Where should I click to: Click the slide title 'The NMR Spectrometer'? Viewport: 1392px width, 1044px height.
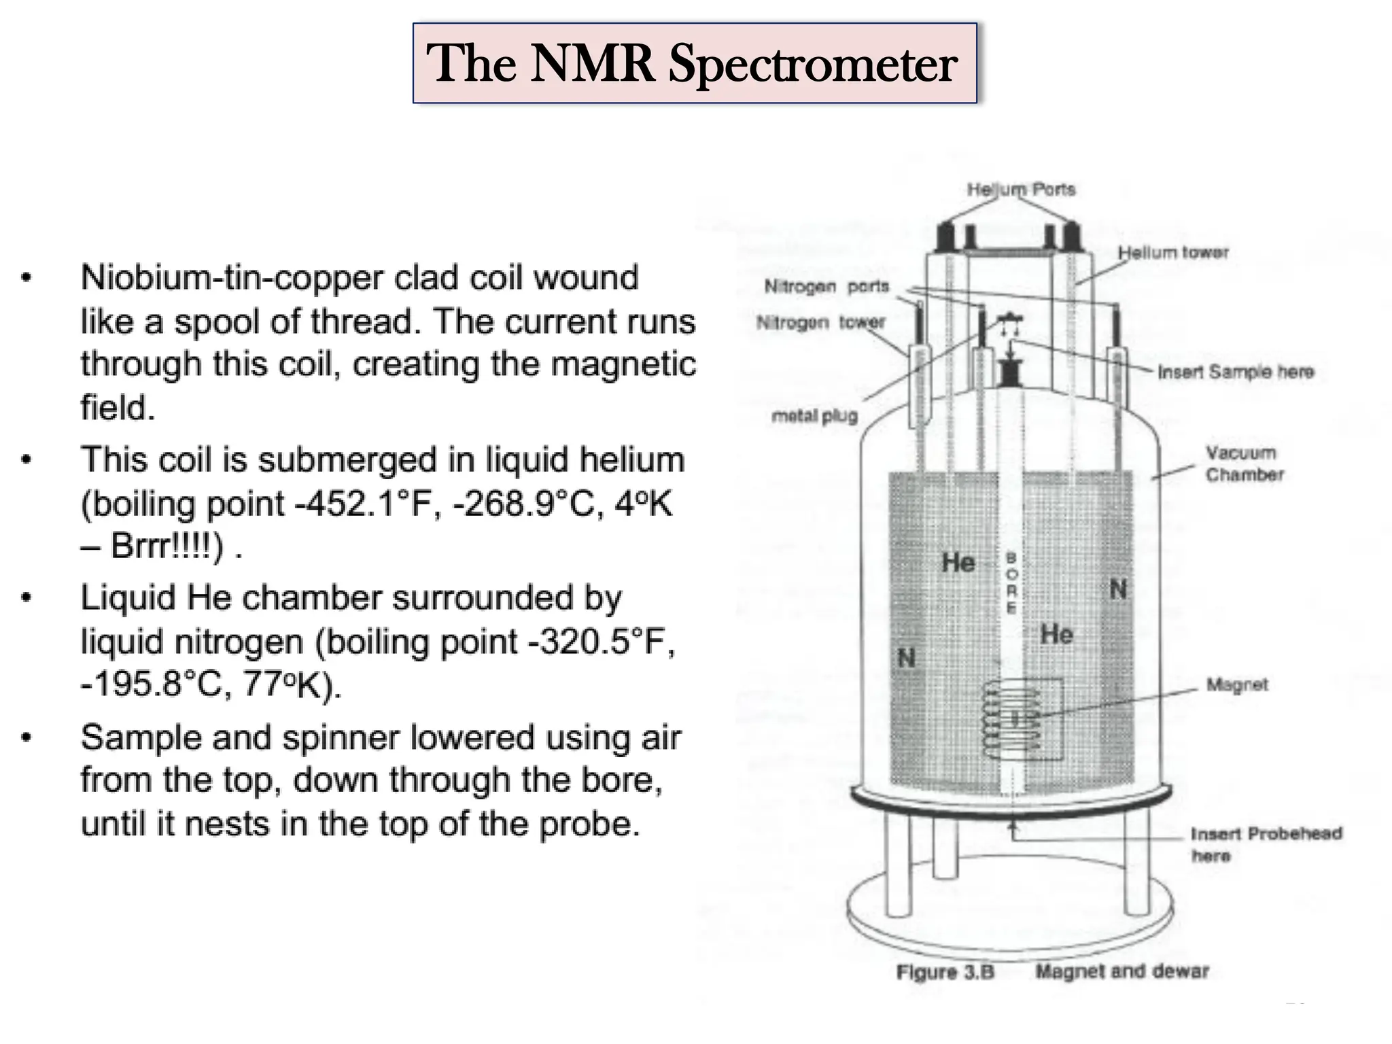click(x=694, y=64)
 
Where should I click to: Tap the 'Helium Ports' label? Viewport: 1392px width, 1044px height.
click(x=1021, y=189)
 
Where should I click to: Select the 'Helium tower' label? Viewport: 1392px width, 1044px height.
click(x=1173, y=252)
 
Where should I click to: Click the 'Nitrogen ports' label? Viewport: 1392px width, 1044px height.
click(x=826, y=286)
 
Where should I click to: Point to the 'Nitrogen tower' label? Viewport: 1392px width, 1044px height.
click(x=820, y=321)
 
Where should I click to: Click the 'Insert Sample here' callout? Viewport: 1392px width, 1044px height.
click(x=1235, y=371)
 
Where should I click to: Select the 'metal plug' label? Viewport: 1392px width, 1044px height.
click(x=814, y=415)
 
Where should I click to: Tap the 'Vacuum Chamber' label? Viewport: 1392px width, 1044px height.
click(x=1244, y=464)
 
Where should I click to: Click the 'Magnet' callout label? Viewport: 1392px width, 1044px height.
click(x=1236, y=684)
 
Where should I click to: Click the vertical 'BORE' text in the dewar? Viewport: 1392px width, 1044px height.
click(x=1011, y=582)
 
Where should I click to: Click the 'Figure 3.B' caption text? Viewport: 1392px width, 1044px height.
click(x=945, y=972)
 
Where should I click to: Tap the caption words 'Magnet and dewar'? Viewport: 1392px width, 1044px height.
click(x=1121, y=971)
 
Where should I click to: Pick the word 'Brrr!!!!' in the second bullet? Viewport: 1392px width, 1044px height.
click(x=166, y=546)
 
